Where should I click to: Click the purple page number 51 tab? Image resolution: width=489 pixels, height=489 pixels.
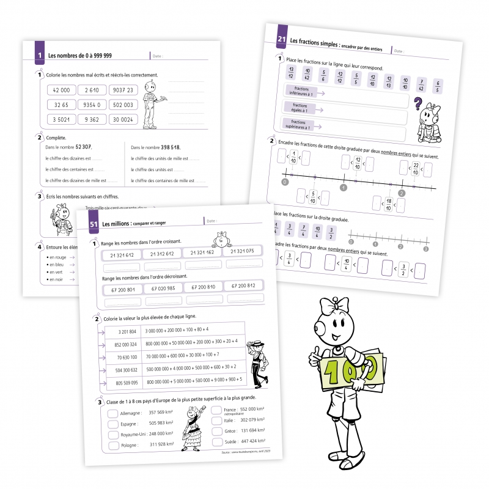pyautogui.click(x=94, y=223)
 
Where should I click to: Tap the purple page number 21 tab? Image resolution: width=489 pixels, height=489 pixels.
pyautogui.click(x=282, y=40)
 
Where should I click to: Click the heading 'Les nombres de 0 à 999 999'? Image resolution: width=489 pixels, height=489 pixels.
pyautogui.click(x=79, y=56)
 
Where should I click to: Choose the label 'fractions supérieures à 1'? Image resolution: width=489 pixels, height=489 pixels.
pyautogui.click(x=299, y=125)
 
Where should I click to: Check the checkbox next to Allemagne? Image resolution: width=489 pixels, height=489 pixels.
pyautogui.click(x=113, y=413)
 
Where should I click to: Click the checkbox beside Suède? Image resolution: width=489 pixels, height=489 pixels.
pyautogui.click(x=216, y=441)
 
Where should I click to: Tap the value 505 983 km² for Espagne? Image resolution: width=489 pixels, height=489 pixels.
pyautogui.click(x=161, y=423)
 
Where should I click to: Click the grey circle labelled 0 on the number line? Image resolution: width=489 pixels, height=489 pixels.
pyautogui.click(x=285, y=182)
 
